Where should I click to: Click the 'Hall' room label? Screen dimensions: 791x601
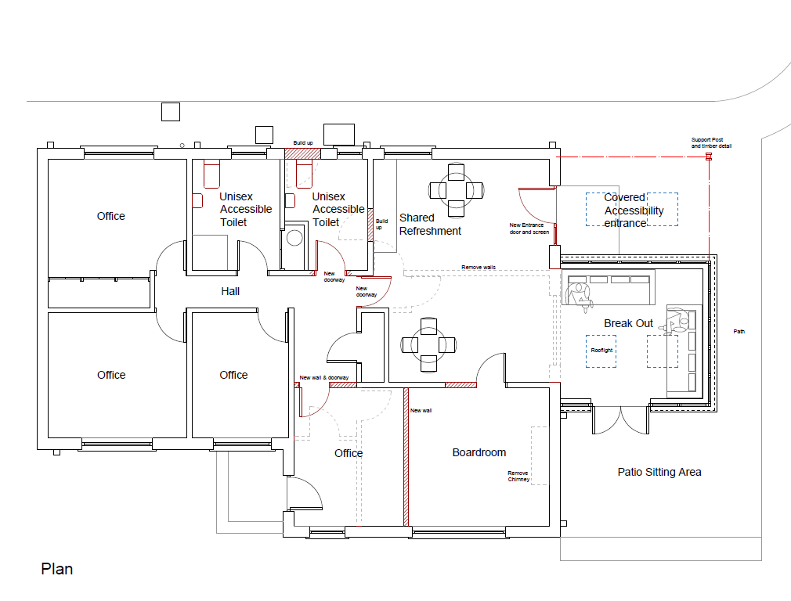tap(230, 291)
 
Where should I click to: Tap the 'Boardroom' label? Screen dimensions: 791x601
tap(479, 452)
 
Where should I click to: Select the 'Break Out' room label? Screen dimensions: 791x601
tap(628, 323)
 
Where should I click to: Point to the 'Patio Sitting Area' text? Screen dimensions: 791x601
tap(659, 472)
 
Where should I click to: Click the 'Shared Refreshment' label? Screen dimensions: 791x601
tap(430, 225)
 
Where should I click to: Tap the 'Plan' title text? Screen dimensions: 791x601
tap(57, 569)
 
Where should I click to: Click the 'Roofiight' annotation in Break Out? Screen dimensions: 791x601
tap(601, 350)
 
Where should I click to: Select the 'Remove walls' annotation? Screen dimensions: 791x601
tap(479, 267)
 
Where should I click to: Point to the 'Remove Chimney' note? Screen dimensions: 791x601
tap(518, 476)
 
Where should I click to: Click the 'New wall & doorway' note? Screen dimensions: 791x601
tap(324, 377)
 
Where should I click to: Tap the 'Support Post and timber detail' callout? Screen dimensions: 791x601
tap(711, 142)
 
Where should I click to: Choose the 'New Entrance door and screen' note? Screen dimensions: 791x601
tap(529, 229)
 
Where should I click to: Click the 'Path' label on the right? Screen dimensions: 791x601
tap(739, 331)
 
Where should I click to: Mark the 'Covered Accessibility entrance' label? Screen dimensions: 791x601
tap(634, 211)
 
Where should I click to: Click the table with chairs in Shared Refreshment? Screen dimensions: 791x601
tap(456, 190)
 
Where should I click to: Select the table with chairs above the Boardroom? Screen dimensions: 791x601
tap(428, 345)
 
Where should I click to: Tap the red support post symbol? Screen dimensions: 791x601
tap(709, 157)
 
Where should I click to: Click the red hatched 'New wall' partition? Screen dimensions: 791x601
tap(406, 457)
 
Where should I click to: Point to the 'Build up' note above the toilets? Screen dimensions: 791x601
tap(303, 142)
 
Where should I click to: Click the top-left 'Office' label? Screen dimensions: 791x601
tap(111, 216)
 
